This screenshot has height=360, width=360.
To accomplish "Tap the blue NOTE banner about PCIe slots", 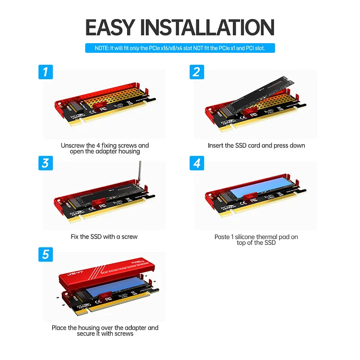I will pyautogui.click(x=180, y=48).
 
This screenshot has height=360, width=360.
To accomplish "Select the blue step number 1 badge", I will pyautogui.click(x=45, y=72).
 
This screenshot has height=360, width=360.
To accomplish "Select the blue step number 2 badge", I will pyautogui.click(x=196, y=72).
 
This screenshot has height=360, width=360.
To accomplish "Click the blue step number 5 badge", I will pyautogui.click(x=45, y=254).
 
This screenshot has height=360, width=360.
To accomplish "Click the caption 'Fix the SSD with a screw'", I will pyautogui.click(x=104, y=237).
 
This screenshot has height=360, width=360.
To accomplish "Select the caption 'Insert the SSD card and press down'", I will pyautogui.click(x=256, y=145).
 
